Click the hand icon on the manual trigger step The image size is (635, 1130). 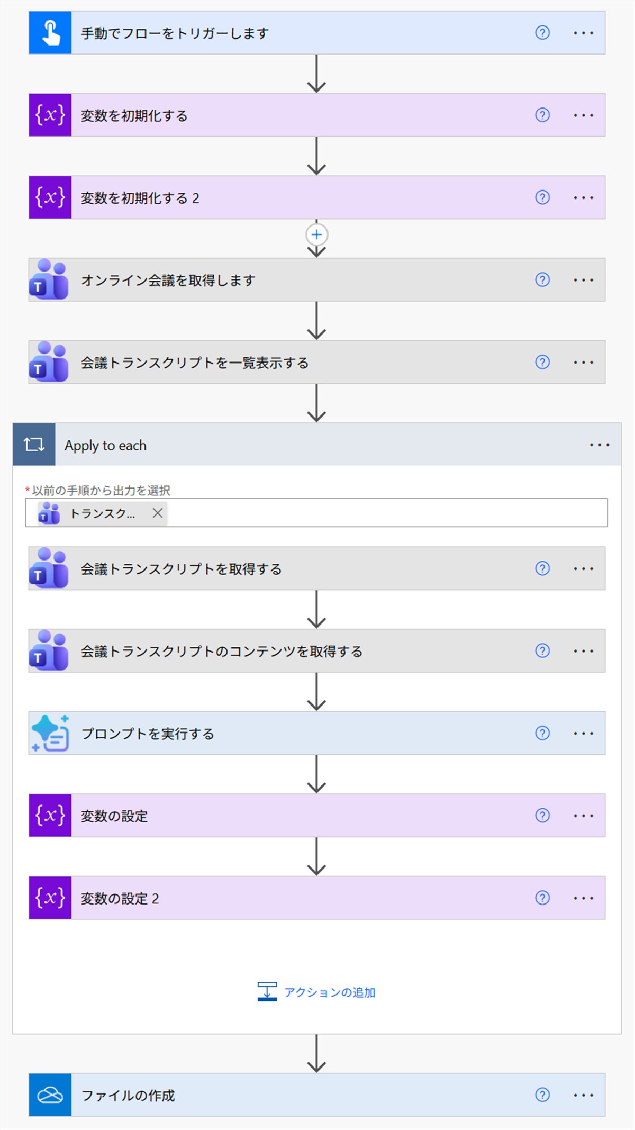tap(51, 33)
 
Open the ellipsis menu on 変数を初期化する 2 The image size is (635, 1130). tap(583, 198)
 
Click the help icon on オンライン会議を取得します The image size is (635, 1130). tap(542, 279)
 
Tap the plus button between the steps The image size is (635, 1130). tap(316, 234)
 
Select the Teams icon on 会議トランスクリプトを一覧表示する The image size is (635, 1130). tap(49, 362)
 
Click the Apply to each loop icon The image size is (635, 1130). tap(34, 445)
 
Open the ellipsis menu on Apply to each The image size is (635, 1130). tap(600, 445)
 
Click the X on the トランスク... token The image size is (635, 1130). tap(157, 513)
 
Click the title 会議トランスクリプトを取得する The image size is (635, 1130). tap(181, 569)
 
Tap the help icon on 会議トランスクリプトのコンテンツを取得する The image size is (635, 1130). tap(542, 650)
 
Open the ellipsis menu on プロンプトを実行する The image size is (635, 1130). tap(583, 734)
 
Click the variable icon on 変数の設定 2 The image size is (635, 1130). tap(50, 898)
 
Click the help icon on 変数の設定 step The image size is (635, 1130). tap(542, 815)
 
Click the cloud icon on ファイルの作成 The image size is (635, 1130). tap(50, 1095)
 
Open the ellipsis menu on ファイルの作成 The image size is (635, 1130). tap(583, 1095)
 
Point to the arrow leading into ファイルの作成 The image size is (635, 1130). tap(316, 1053)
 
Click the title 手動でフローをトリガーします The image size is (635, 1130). tap(175, 33)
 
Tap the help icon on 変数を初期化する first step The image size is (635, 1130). tap(542, 115)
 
